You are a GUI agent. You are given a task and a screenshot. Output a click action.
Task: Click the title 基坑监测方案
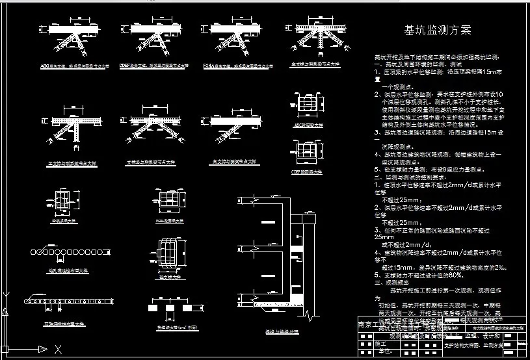(x=438, y=30)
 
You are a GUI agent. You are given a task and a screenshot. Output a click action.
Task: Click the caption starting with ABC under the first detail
(x=72, y=66)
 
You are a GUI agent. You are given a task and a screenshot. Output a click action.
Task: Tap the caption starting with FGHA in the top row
(x=227, y=66)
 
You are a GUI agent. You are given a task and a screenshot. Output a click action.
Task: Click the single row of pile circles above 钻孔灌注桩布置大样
(x=62, y=249)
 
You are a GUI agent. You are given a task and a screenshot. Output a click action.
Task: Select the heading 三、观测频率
(x=393, y=283)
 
